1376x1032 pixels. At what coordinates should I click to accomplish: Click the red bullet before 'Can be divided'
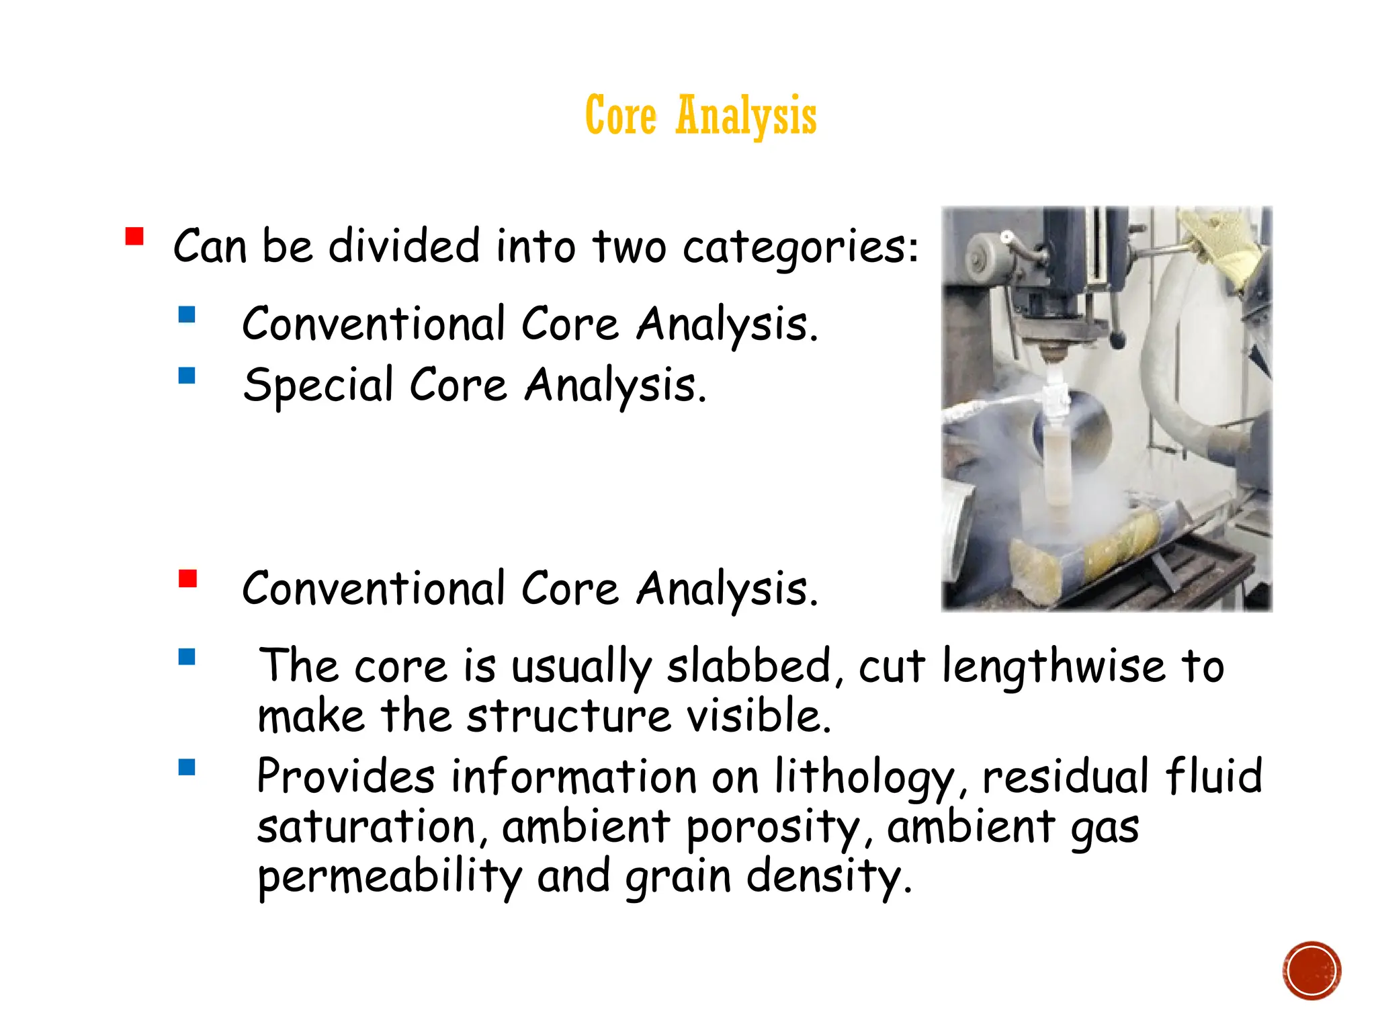coord(134,236)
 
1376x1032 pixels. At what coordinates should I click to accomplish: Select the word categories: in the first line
coord(800,247)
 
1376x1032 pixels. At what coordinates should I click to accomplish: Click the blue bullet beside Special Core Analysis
coord(187,375)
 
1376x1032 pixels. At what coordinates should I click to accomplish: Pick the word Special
coord(318,386)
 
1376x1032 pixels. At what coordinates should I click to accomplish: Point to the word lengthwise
coord(1053,666)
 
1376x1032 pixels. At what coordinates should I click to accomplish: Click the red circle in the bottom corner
coord(1311,970)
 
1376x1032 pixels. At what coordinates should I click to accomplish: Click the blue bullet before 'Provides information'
coord(187,767)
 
